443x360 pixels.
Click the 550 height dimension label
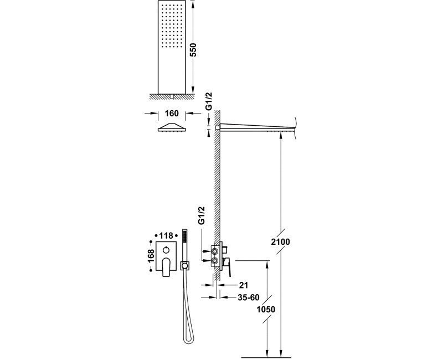coord(193,50)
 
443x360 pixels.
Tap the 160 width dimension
coord(172,114)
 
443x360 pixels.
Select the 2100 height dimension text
coord(280,242)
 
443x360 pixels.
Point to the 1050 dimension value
coord(266,310)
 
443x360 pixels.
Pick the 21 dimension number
coord(244,285)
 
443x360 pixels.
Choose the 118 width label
coord(167,235)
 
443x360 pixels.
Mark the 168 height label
coord(151,256)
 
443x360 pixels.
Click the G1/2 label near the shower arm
coord(209,101)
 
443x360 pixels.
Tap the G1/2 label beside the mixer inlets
coord(201,215)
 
